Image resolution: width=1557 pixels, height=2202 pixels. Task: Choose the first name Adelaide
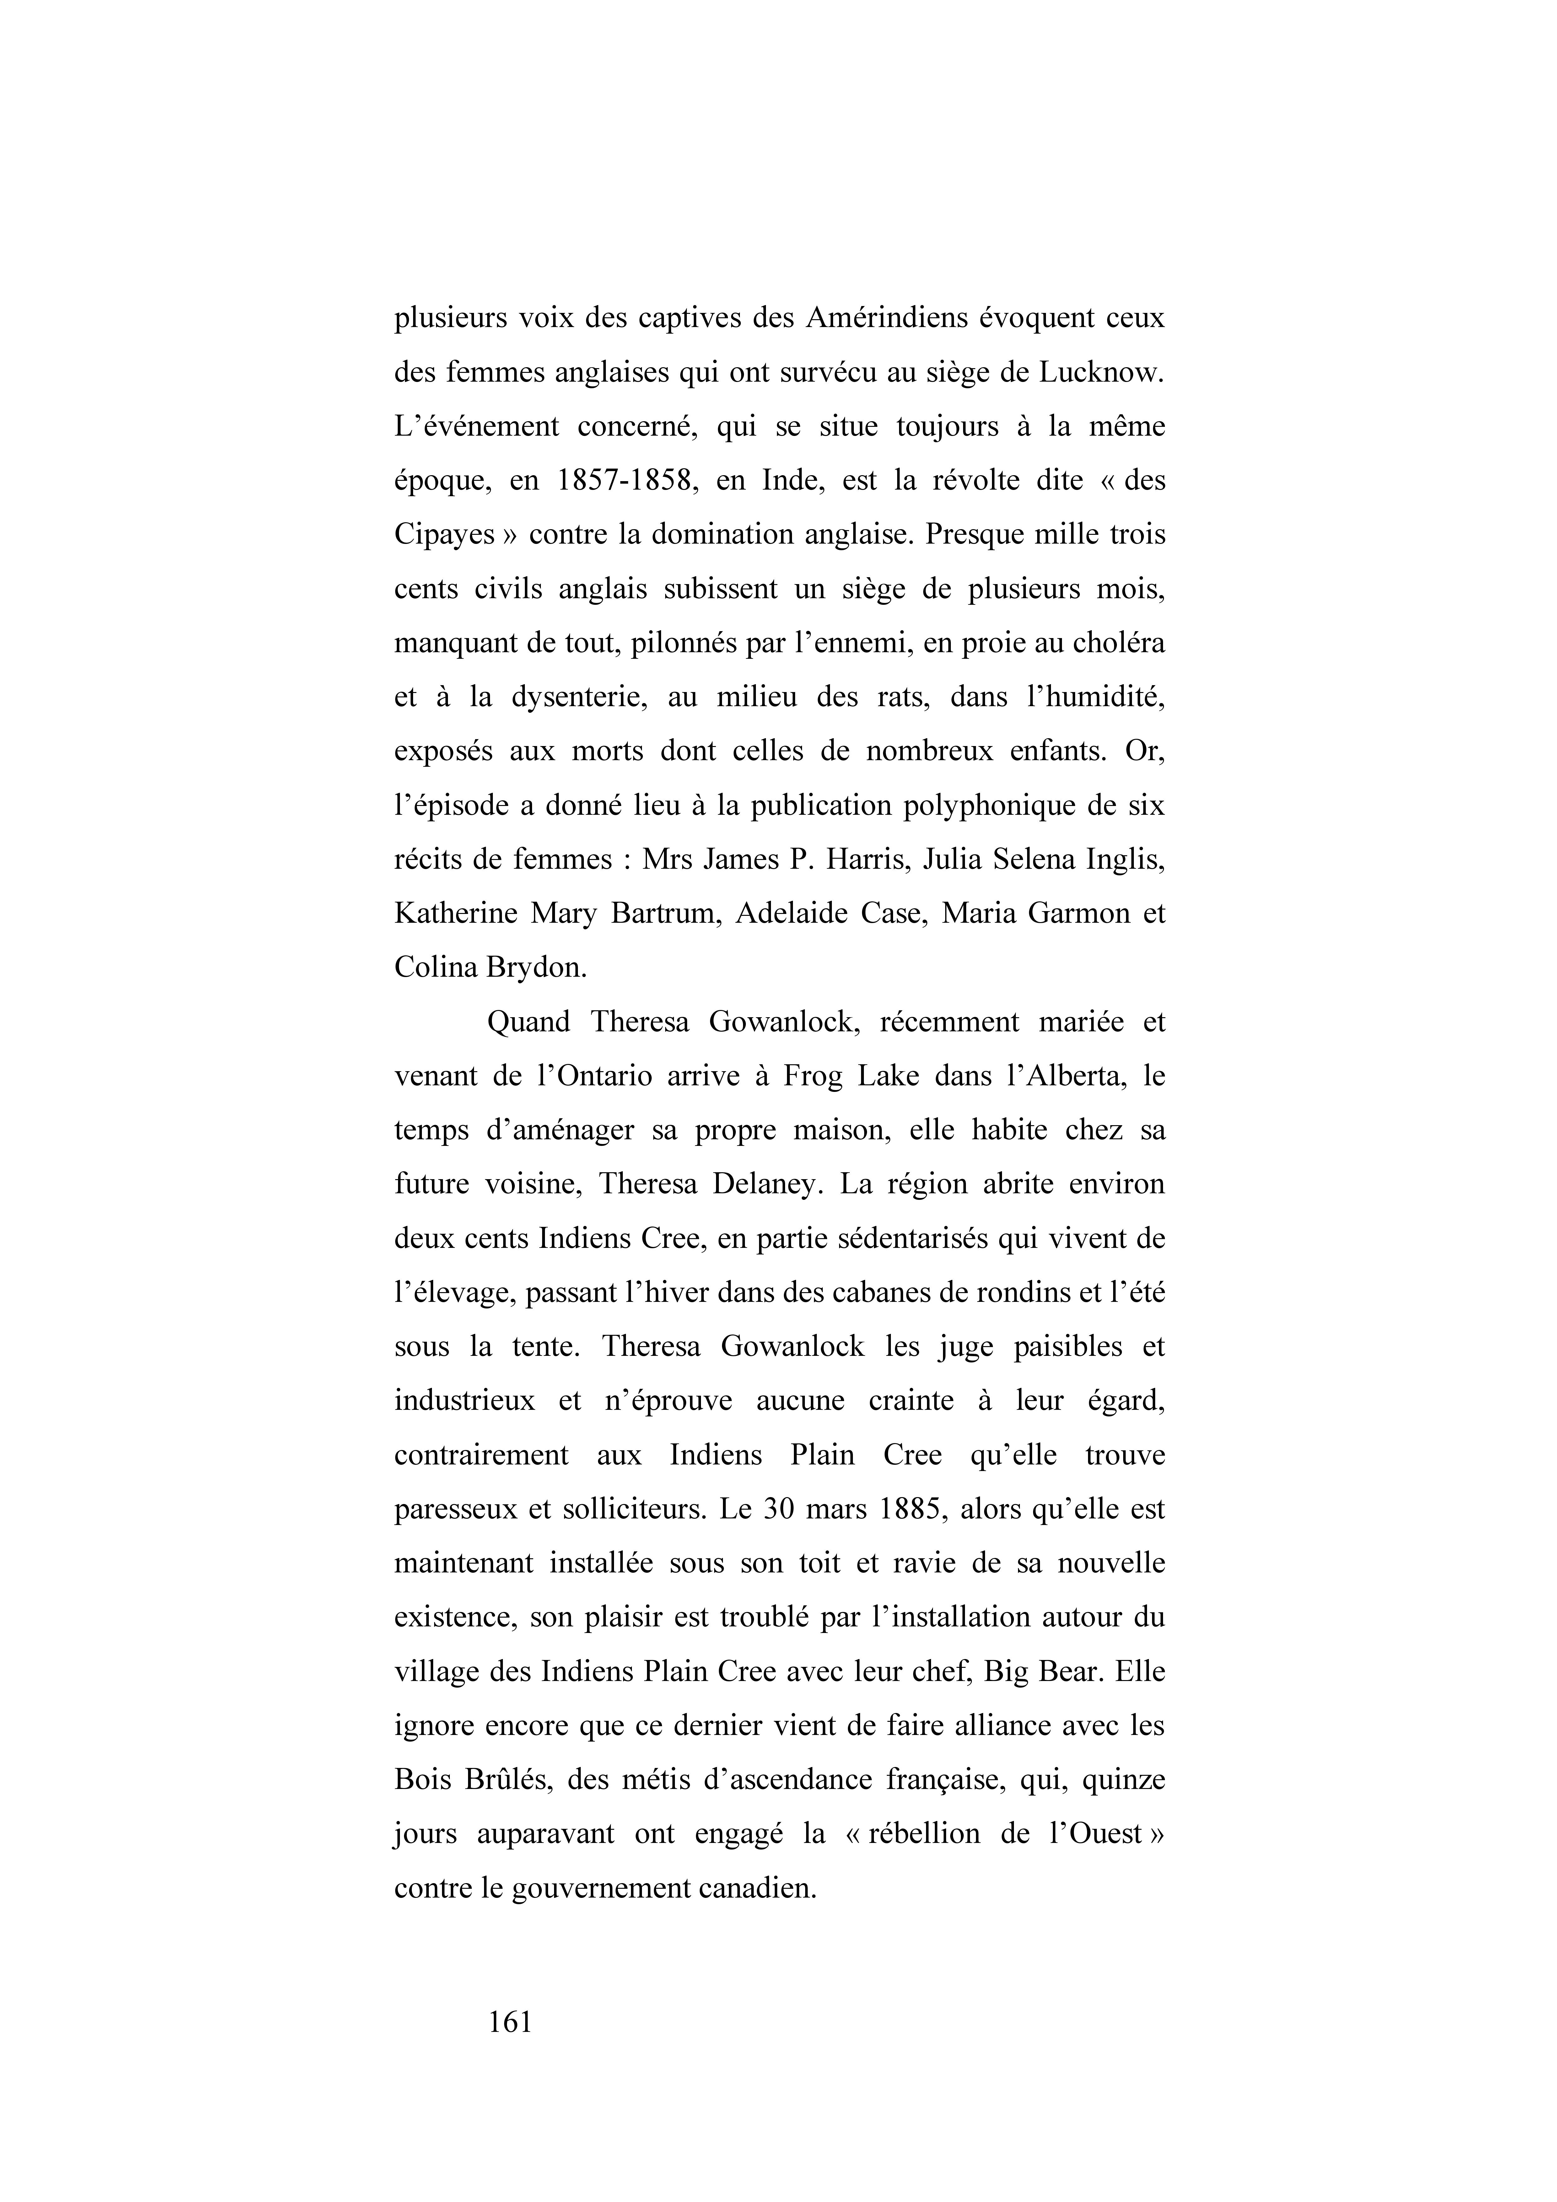coord(789,913)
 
